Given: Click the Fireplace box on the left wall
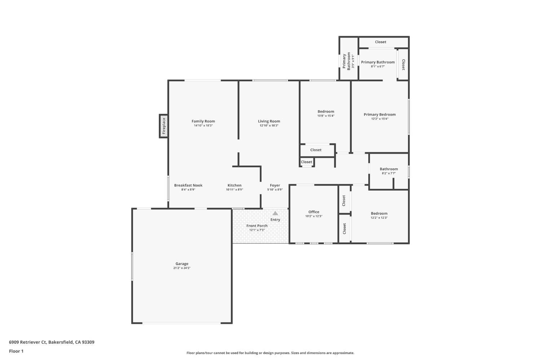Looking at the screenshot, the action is pos(163,126).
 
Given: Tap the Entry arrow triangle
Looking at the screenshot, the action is pos(275,213).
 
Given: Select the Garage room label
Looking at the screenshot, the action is pos(182,264).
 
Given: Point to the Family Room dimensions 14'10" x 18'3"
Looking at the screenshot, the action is pos(203,125).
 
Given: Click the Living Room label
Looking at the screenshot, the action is pos(269,121).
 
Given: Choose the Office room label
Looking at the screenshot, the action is pos(314,212).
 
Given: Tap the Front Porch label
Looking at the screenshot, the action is pos(257,226).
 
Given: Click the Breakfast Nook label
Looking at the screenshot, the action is pos(188,185).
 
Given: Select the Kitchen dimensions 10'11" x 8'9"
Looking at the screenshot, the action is pos(234,190).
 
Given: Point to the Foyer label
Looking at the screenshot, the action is pos(275,185).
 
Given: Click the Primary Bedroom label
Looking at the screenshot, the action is pos(380,114).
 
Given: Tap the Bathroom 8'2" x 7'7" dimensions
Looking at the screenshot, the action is pos(389,173).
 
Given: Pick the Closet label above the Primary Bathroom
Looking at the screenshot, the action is pos(381,42).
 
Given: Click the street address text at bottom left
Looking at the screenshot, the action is pos(52,342).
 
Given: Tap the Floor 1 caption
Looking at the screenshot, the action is pos(16,351).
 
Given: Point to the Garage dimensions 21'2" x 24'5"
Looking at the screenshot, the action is pos(182,268).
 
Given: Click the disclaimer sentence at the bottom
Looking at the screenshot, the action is pos(270,353).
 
